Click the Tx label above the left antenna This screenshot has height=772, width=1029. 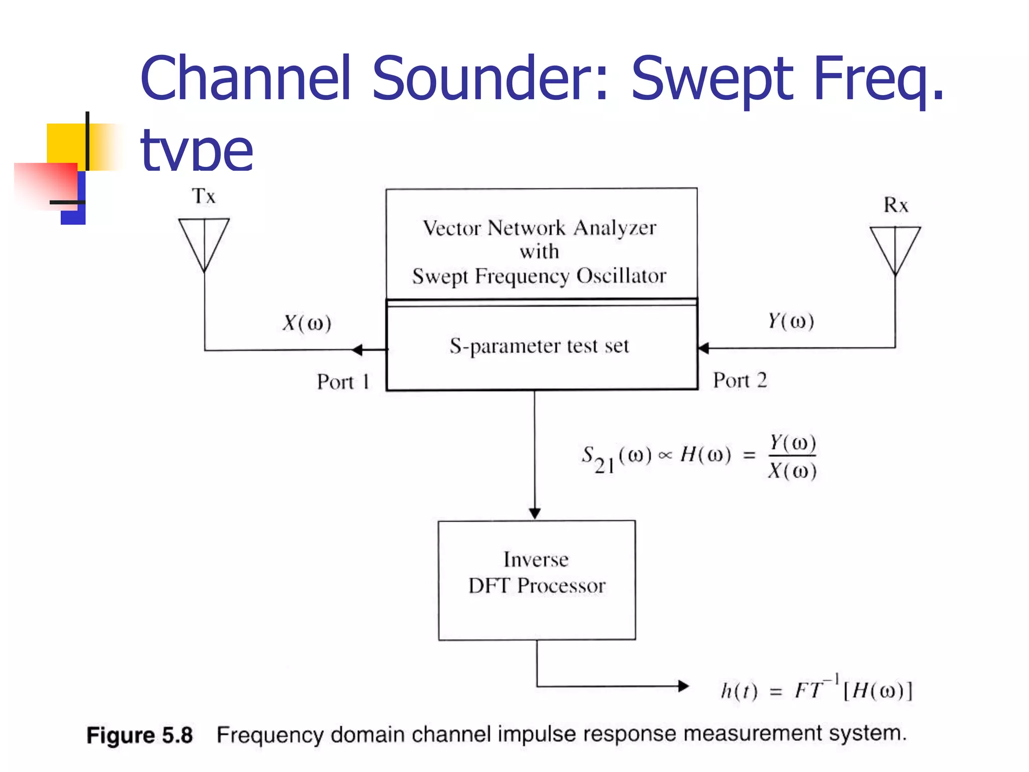[x=203, y=196]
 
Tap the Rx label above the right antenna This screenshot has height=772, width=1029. [x=895, y=205]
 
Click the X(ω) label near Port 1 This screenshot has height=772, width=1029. [x=307, y=323]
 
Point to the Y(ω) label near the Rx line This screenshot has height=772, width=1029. [x=791, y=321]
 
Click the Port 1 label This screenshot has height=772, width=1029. [x=343, y=382]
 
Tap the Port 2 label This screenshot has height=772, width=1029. [x=740, y=380]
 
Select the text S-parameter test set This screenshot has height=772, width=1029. [x=539, y=346]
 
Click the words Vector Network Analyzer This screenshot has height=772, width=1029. [x=539, y=228]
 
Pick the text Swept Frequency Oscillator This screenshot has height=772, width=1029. [x=539, y=276]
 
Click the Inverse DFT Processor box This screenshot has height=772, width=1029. [x=537, y=580]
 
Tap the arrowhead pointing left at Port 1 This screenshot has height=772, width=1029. [x=358, y=350]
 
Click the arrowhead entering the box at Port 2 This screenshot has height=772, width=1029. [x=704, y=348]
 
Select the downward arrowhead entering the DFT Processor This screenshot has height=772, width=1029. [x=535, y=513]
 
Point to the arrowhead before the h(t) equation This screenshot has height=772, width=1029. [x=683, y=686]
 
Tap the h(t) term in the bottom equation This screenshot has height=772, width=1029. [x=739, y=691]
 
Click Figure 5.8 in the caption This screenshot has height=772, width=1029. [x=140, y=735]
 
